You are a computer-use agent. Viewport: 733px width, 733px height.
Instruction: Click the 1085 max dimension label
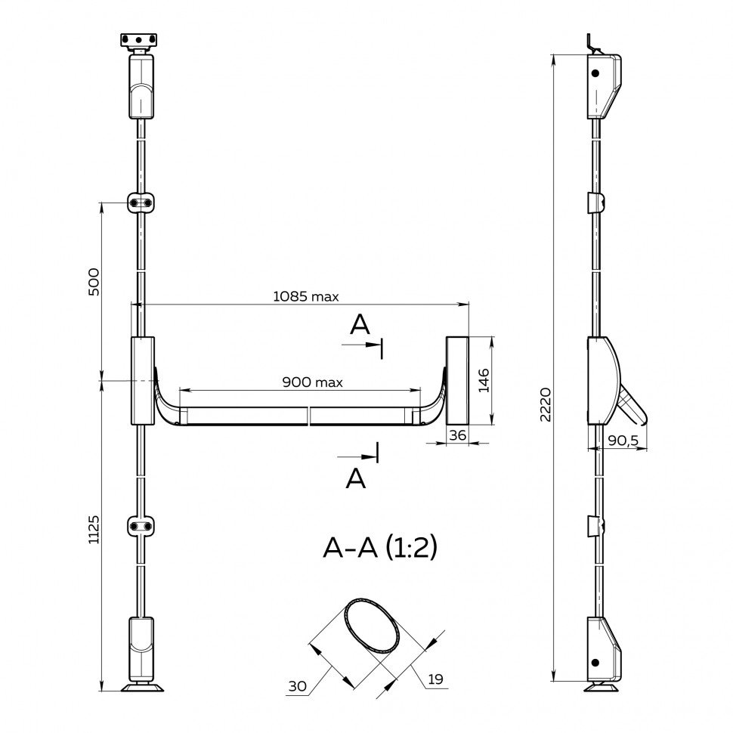coord(306,296)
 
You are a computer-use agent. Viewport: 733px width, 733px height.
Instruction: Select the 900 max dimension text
coord(312,382)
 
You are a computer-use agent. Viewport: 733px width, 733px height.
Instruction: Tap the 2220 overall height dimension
coord(546,404)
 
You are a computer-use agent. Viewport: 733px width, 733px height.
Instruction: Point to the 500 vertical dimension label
coord(94,281)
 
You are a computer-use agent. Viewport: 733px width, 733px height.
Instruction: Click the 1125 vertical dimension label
coord(94,529)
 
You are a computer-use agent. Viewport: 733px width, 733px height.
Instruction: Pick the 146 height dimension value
coord(484,380)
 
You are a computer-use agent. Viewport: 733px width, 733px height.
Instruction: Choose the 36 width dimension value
coord(457,435)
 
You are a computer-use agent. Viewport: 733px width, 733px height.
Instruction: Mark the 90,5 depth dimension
coord(623,440)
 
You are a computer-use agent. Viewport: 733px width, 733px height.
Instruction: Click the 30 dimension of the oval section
coord(297,686)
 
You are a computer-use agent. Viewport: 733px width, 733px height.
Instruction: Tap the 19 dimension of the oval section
coord(435,679)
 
